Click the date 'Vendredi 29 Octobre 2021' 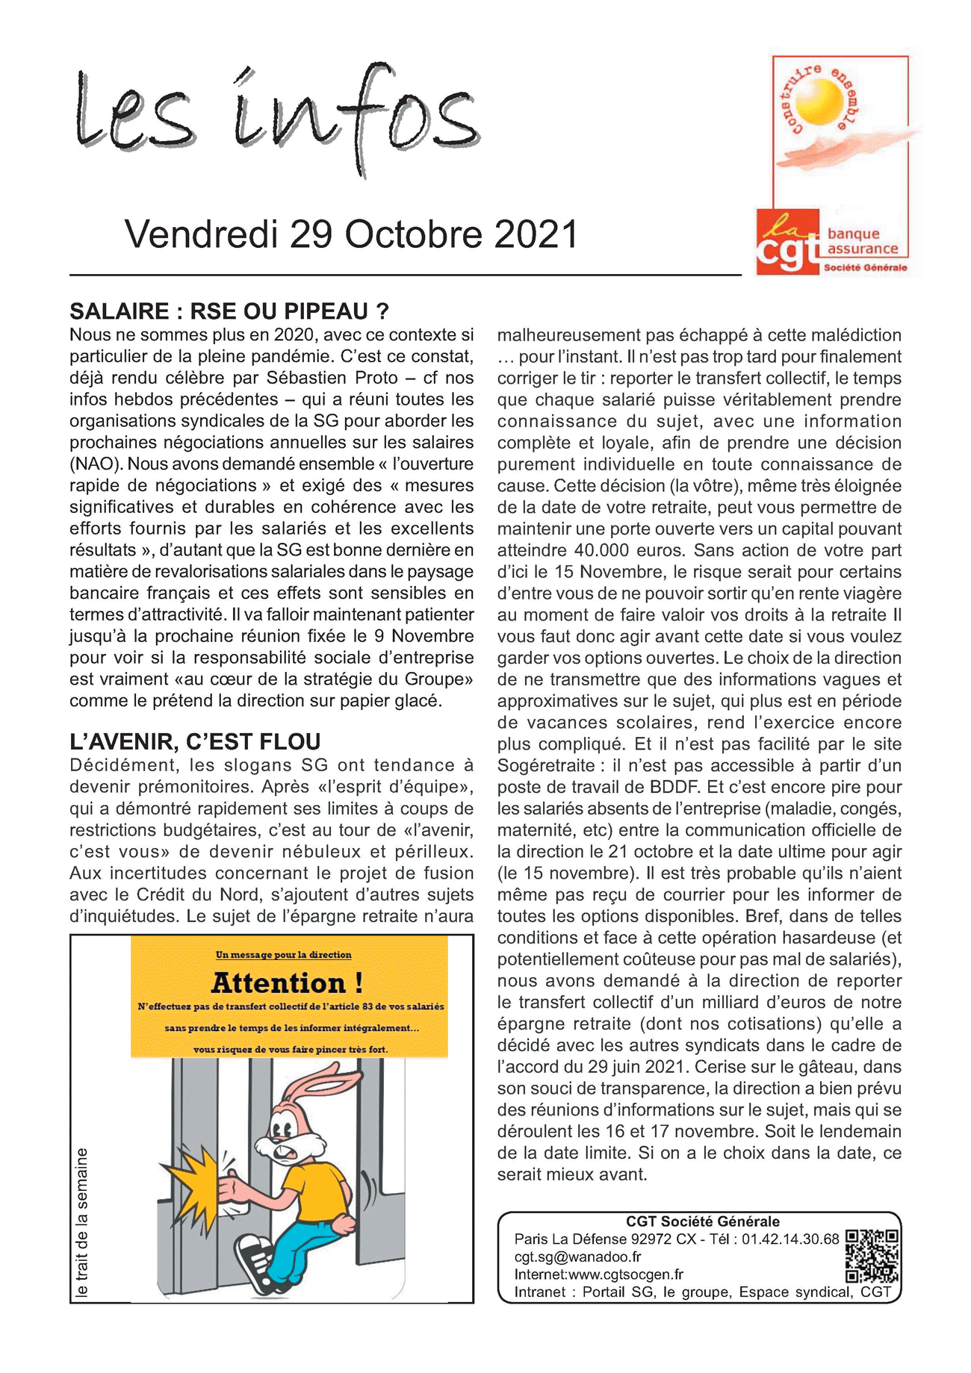click(351, 234)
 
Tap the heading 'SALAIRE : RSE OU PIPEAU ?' click(229, 311)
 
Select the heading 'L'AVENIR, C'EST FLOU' click(195, 741)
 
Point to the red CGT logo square click(788, 243)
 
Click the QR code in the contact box click(872, 1256)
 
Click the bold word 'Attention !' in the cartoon click(288, 983)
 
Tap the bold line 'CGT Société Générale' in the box click(702, 1221)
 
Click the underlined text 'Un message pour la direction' click(283, 955)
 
